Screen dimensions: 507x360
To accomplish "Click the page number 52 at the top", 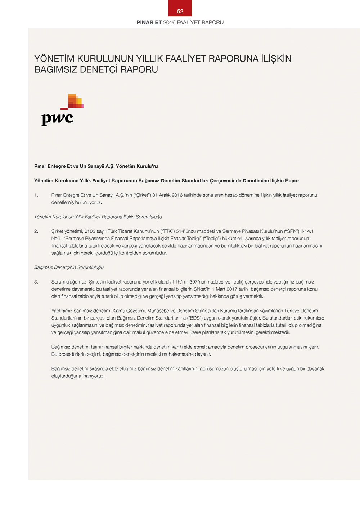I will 180,11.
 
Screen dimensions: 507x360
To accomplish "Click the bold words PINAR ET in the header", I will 149,22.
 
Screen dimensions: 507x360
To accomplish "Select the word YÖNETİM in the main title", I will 54,59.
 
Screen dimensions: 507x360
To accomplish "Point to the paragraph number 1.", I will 36,195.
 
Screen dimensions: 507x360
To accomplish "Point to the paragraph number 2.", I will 36,231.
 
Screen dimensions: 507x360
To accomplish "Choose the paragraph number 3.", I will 36,282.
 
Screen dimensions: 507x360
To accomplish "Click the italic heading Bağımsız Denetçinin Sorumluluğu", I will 69,268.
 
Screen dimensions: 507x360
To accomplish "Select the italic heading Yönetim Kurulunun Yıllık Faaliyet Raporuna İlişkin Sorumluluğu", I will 98,217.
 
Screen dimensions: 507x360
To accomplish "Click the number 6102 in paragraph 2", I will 90,231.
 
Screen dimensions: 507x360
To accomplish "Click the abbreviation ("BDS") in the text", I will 195,318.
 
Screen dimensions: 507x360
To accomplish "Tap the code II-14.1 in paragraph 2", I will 307,231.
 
